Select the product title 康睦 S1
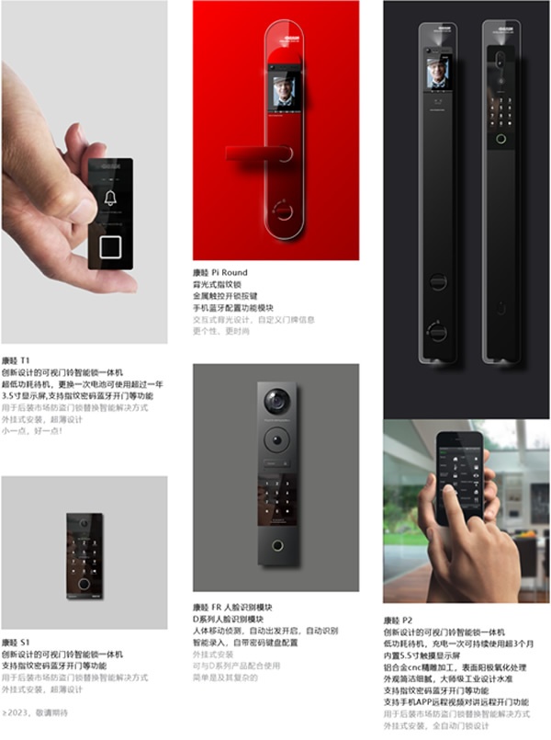17,642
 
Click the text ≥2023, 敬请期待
36,712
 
